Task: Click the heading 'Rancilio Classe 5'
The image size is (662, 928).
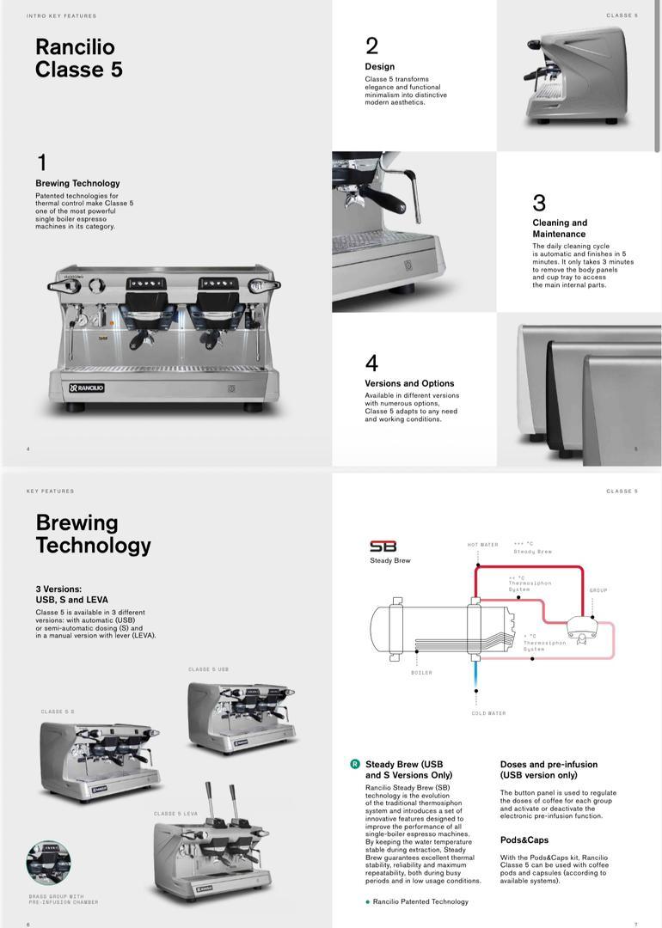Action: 78,58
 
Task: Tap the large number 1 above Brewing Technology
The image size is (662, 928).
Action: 41,162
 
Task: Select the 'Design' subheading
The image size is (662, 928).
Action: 379,66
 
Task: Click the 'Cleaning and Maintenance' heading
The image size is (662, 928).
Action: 560,229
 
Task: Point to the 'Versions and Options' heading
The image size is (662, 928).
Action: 409,383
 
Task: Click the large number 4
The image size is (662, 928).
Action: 371,363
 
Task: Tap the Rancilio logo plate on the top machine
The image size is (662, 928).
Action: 87,388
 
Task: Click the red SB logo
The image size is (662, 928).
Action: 383,546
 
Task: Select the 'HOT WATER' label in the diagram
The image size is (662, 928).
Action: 482,545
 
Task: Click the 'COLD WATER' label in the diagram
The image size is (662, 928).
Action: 488,713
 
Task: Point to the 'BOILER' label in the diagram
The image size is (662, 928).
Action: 421,673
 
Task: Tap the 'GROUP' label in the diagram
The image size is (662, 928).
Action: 598,590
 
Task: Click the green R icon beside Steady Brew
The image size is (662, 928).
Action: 354,764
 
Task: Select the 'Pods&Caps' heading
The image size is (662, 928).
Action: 524,839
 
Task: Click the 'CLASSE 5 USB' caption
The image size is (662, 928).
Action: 208,669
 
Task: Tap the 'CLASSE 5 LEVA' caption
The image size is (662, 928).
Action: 175,814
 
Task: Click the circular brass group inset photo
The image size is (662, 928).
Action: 49,864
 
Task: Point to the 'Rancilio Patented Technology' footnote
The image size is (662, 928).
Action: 420,901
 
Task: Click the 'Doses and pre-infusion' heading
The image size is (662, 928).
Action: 549,769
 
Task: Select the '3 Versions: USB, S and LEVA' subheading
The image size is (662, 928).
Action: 72,595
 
